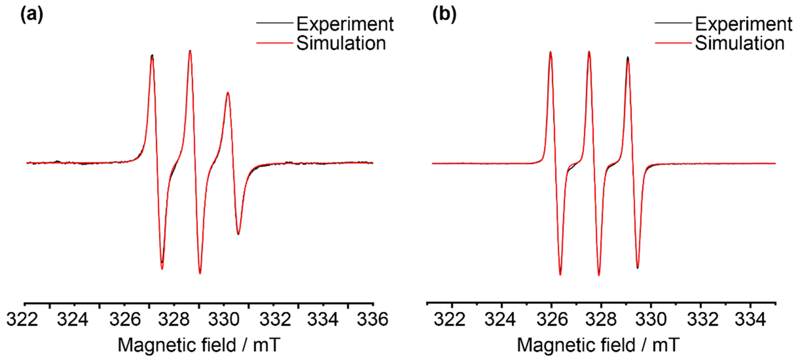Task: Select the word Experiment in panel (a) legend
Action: point(345,24)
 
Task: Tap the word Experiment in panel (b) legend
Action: point(744,24)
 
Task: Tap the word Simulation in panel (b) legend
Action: point(740,43)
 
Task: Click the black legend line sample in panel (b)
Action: point(673,23)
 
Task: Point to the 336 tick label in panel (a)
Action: point(372,319)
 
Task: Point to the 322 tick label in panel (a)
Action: point(22,319)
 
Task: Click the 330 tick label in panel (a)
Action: point(224,319)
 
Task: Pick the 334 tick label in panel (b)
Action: point(750,319)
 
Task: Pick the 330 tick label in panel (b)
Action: point(651,319)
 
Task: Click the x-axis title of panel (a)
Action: point(199,345)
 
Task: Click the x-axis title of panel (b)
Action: point(598,345)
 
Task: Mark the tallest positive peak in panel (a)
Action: point(190,51)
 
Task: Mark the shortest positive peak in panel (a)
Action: point(228,93)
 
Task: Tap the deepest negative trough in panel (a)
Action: point(200,273)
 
